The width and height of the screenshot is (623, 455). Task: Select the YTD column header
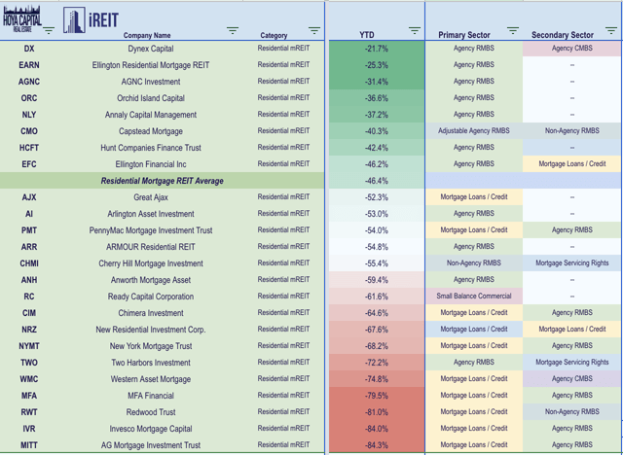pos(366,36)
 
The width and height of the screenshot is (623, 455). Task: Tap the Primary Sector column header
pos(464,36)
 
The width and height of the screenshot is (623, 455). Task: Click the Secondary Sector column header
pos(563,36)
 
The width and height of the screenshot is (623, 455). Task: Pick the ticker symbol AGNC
pos(29,82)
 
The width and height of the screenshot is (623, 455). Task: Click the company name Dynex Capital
pos(150,49)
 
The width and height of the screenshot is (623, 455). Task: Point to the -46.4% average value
pos(376,181)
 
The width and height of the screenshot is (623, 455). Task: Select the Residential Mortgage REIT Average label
pos(162,181)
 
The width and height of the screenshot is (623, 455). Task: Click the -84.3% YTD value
pos(376,445)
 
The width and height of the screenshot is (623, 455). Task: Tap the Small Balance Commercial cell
pos(474,297)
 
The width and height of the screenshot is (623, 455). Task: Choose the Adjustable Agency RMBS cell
pos(474,131)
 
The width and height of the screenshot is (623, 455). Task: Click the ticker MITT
pos(29,445)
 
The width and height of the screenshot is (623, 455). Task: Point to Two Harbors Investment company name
pos(150,363)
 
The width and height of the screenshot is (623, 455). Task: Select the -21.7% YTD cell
pos(376,49)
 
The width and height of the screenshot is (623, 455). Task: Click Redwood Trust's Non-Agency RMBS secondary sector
pos(571,412)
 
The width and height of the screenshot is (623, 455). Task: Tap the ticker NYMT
pos(29,346)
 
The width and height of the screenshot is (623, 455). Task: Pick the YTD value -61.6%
pos(376,297)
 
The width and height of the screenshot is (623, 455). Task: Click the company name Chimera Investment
pos(150,313)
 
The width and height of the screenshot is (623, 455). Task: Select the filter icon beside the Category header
pos(313,31)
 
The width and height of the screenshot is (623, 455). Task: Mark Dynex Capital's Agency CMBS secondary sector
pos(571,49)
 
